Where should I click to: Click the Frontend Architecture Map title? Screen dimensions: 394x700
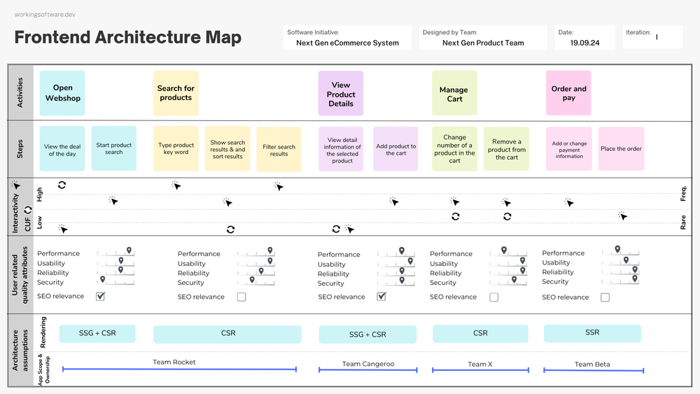(128, 38)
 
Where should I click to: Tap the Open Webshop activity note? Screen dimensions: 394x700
(62, 93)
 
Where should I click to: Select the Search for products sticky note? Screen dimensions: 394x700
(176, 93)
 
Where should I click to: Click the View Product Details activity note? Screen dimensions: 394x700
(341, 94)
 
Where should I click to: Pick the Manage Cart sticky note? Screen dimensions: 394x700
(454, 94)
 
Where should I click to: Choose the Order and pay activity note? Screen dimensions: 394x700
(568, 93)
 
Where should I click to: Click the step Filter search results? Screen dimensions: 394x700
(279, 150)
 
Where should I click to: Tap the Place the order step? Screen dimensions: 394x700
(621, 149)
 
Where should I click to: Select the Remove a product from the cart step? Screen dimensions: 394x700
(506, 149)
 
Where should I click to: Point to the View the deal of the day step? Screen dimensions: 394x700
(62, 150)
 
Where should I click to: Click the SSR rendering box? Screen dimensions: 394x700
(592, 333)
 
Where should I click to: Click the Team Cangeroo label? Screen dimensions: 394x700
(367, 364)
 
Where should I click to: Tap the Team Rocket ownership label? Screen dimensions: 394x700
(174, 363)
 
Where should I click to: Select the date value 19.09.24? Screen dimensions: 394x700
(584, 43)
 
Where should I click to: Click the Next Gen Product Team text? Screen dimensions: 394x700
(483, 43)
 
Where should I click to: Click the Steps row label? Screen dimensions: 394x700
(20, 149)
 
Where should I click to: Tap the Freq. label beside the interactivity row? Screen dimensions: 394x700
(683, 193)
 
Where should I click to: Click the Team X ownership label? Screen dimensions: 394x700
(480, 364)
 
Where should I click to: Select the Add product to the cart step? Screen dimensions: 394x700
(395, 150)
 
